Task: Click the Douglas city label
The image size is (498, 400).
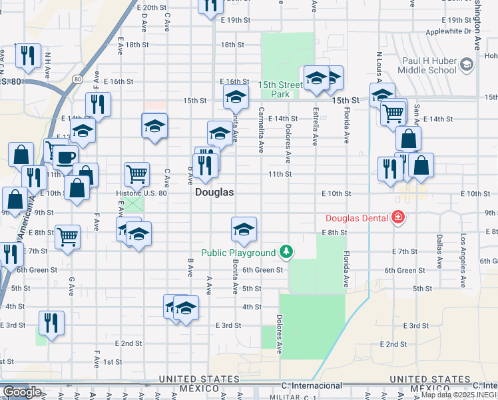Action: tap(214, 191)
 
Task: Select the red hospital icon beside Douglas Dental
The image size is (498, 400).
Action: tap(398, 217)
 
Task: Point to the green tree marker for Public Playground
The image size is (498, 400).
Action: tap(286, 251)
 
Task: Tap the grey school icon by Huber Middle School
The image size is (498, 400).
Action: tap(467, 64)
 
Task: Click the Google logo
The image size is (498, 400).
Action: tap(23, 392)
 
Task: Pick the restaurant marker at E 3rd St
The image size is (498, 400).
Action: tap(51, 323)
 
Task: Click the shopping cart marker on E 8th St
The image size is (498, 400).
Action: tap(68, 236)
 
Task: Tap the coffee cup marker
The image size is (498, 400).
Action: tap(65, 158)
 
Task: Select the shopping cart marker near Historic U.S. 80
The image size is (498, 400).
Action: tap(136, 174)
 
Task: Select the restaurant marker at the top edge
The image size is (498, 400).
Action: tap(210, 5)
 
